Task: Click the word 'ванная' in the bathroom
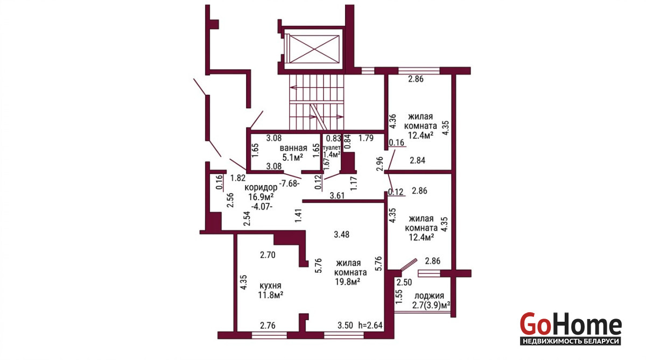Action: tap(293, 148)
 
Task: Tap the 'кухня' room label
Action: tap(270, 286)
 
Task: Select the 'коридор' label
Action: tap(261, 188)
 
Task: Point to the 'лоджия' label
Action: tap(429, 296)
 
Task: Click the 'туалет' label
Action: tap(332, 147)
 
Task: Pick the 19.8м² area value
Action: tap(347, 281)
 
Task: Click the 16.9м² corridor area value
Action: tap(261, 197)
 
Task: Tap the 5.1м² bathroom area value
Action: tap(292, 157)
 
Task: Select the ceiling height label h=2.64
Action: tap(370, 325)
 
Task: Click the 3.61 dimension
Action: tap(337, 196)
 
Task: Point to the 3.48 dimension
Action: tap(341, 235)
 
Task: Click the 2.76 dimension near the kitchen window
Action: tap(268, 326)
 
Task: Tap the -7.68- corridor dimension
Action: tap(290, 183)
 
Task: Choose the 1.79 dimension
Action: tap(366, 138)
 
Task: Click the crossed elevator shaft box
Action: tap(314, 49)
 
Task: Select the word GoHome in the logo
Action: tap(571, 324)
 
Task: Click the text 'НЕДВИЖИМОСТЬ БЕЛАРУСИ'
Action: tap(571, 341)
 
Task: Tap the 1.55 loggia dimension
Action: tap(398, 297)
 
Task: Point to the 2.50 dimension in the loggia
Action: tap(404, 282)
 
